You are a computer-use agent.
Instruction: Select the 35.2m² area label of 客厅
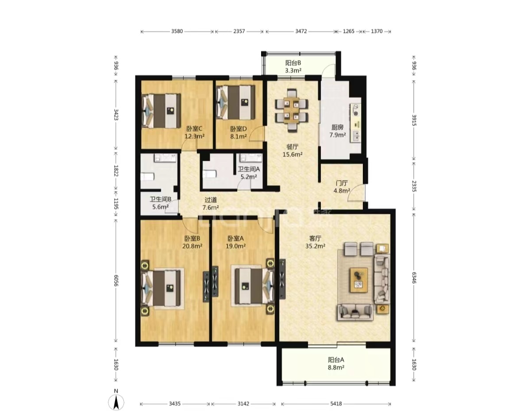(315, 246)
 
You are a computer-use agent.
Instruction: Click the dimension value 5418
(336, 404)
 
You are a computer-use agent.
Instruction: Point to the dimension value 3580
(177, 31)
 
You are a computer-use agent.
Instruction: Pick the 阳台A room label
(336, 360)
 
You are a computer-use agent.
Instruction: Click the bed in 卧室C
(162, 111)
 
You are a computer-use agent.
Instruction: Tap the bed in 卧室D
(235, 102)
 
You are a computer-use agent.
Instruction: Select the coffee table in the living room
(359, 280)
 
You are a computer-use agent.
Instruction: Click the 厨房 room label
(338, 127)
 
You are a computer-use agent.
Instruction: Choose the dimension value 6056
(116, 281)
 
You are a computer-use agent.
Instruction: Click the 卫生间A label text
(249, 169)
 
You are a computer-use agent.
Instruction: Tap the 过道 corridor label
(211, 200)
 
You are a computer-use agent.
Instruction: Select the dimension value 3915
(414, 120)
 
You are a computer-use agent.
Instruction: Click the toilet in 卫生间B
(147, 177)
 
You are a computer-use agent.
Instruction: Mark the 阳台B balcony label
(293, 63)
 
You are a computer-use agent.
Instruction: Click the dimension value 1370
(377, 31)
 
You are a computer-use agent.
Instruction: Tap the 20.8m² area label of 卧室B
(192, 246)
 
